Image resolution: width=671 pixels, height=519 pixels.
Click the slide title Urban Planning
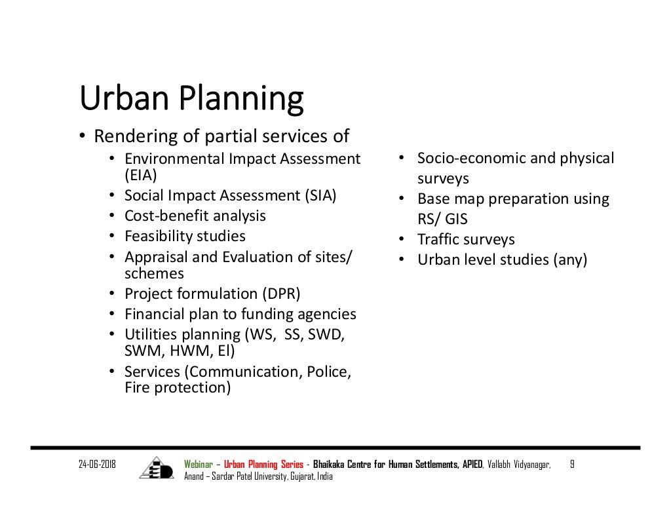point(191,99)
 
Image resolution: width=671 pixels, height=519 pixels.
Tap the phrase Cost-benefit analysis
point(195,216)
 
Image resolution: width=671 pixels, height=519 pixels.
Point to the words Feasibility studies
point(185,236)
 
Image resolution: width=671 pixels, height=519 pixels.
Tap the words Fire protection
point(178,387)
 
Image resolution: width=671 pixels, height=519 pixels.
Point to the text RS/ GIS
point(442,219)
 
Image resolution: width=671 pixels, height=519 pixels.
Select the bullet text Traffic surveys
point(466,239)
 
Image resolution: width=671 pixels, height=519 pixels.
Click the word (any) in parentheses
point(570,259)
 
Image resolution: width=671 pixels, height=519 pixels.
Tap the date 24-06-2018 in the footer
point(97,465)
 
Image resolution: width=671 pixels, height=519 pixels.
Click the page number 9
point(572,465)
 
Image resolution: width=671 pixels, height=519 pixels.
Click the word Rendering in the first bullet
point(128,136)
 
